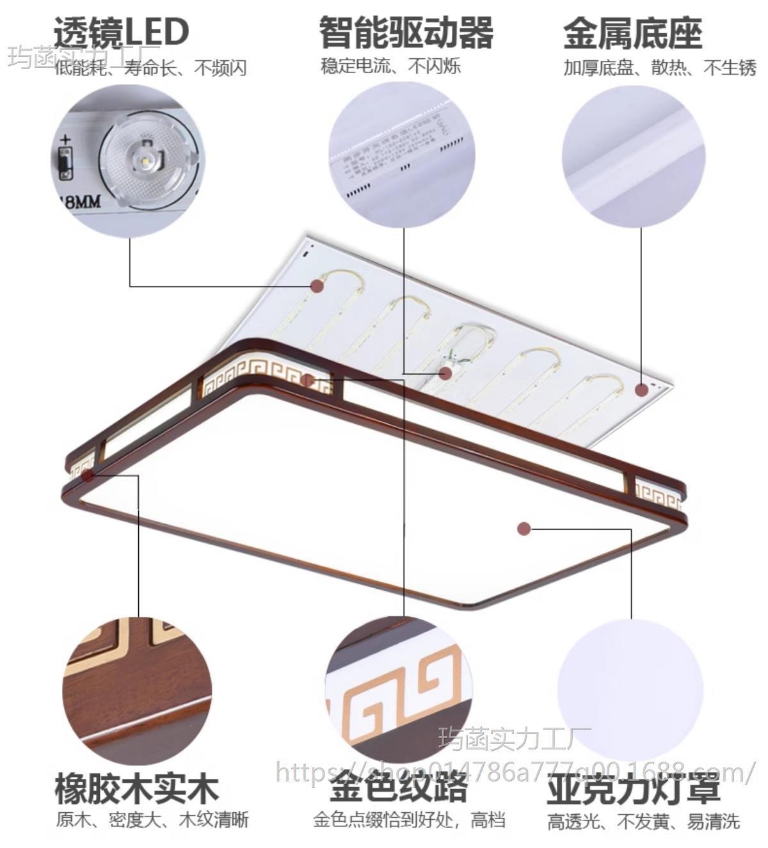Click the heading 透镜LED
point(122,32)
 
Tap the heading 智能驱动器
point(406,32)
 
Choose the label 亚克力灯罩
point(634,789)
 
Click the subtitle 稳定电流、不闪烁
point(390,66)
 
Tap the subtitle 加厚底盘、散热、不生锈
point(660,68)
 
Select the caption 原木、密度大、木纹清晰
point(152,820)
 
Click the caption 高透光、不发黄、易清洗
point(643,822)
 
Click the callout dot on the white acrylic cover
point(524,529)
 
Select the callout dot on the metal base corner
point(641,389)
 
